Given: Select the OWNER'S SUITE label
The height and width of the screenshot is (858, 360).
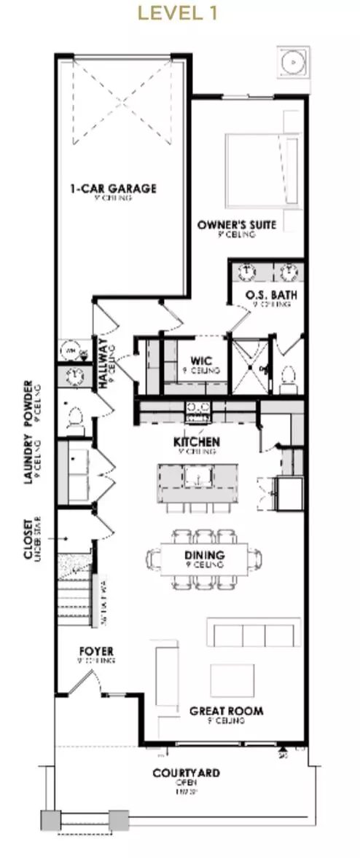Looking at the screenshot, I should pos(237,225).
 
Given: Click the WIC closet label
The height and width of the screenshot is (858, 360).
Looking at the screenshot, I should pos(200,360).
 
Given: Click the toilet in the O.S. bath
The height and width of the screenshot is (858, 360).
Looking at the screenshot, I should pos(289,376).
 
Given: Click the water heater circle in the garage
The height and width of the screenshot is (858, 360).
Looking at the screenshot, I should pos(71,350).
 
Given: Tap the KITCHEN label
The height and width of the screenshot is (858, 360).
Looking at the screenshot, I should pos(196,442).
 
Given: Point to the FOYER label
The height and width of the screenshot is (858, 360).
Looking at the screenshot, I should pos(98,650).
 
